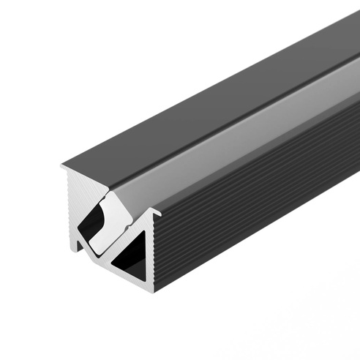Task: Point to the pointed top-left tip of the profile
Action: [x=62, y=168]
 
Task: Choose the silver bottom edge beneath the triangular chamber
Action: [x=132, y=282]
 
